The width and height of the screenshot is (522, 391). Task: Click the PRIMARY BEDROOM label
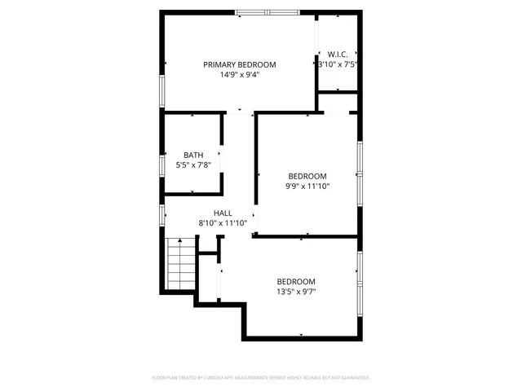[x=239, y=65]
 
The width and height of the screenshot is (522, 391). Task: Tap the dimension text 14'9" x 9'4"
[x=239, y=75]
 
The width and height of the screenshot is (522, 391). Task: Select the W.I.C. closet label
[x=337, y=54]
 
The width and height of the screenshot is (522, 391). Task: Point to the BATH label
[x=193, y=155]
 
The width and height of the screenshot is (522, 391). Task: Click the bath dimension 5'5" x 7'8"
[x=193, y=165]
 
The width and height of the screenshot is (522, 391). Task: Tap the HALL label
[x=223, y=213]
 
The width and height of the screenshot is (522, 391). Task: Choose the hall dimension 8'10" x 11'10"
[x=223, y=222]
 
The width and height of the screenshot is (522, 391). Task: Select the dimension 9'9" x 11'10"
[x=307, y=186]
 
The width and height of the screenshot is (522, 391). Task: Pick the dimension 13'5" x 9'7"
[x=295, y=291]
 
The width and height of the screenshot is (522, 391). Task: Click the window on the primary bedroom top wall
[x=268, y=11]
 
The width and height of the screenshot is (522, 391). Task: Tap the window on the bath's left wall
[x=162, y=160]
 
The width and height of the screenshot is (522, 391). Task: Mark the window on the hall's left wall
[x=162, y=216]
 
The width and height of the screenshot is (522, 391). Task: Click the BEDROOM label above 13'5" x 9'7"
[x=295, y=281]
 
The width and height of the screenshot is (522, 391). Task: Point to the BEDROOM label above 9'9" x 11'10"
[x=307, y=176]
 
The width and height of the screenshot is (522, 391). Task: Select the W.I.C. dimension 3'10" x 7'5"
[x=338, y=64]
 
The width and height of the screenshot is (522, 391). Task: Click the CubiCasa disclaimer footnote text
[x=261, y=378]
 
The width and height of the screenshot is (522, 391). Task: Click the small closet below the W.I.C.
[x=337, y=103]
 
